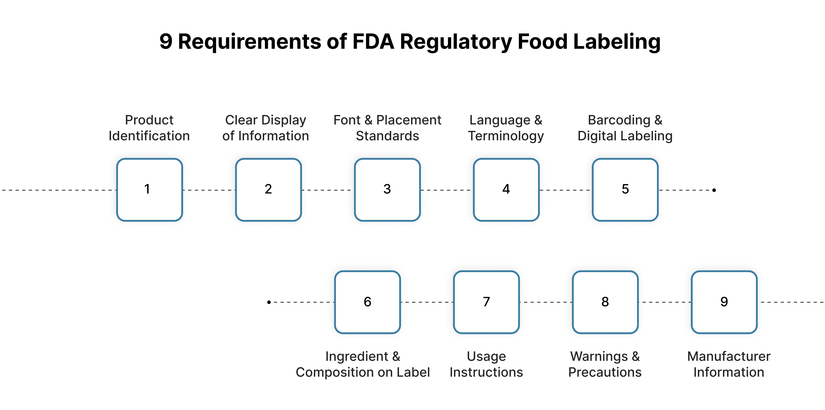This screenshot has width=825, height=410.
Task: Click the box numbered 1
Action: click(x=150, y=190)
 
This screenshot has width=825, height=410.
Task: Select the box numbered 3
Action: click(x=387, y=190)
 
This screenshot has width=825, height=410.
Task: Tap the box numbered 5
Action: click(x=625, y=190)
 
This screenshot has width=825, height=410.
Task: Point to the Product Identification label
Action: click(x=149, y=128)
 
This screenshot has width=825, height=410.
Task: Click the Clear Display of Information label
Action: click(x=266, y=128)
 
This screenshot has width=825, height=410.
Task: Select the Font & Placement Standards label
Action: click(x=387, y=128)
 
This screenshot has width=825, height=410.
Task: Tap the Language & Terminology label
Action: click(x=506, y=128)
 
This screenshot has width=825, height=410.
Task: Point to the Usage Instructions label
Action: click(x=486, y=364)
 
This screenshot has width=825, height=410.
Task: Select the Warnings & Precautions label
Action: click(x=605, y=364)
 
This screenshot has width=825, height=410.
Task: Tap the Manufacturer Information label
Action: click(x=729, y=364)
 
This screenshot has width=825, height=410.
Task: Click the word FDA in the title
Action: click(x=373, y=42)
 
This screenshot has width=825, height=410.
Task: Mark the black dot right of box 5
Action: click(x=714, y=190)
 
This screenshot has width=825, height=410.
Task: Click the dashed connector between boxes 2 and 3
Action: click(x=328, y=190)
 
